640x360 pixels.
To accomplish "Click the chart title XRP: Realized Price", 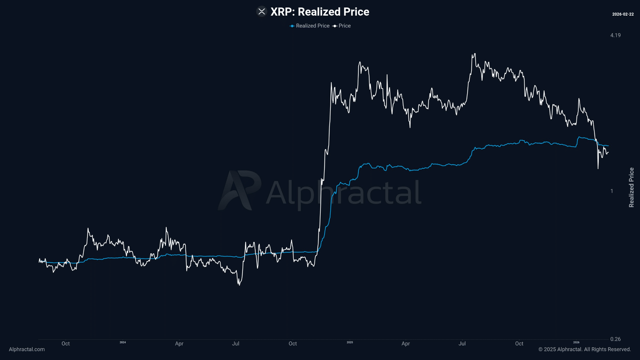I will click(320, 12).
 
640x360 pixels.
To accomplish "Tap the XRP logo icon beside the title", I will click(262, 12).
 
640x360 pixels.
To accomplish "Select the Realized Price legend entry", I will click(310, 26).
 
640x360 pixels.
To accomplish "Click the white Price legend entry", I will click(342, 26).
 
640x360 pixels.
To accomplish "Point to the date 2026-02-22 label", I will click(623, 14).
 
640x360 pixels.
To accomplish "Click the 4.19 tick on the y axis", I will click(615, 35).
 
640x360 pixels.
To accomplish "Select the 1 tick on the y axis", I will click(612, 191).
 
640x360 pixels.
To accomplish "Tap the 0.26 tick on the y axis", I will click(615, 339).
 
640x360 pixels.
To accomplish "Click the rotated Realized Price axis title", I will click(631, 187).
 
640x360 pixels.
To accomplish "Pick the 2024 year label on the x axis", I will click(123, 342).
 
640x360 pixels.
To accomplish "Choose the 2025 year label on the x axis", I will click(350, 342).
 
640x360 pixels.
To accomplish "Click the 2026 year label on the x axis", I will click(576, 342).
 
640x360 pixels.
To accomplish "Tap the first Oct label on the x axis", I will click(66, 344).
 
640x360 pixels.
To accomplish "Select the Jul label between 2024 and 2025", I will click(236, 344).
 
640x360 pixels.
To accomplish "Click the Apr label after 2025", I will click(406, 344).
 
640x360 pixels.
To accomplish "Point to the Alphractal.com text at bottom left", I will click(27, 349).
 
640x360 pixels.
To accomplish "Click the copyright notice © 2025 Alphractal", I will click(584, 349).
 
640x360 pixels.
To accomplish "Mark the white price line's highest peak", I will click(474, 54).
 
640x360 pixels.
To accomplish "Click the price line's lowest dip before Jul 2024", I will click(239, 284).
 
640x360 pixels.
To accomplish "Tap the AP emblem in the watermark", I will click(239, 190).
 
